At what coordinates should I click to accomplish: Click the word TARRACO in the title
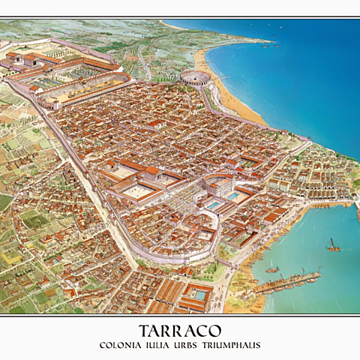point(179,331)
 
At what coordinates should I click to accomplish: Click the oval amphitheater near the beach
point(194,76)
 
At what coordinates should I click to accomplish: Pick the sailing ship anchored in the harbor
point(332,245)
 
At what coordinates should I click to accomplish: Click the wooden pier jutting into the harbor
point(289,282)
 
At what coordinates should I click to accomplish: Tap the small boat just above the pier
point(272,268)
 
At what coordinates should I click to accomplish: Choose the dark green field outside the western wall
point(6,202)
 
